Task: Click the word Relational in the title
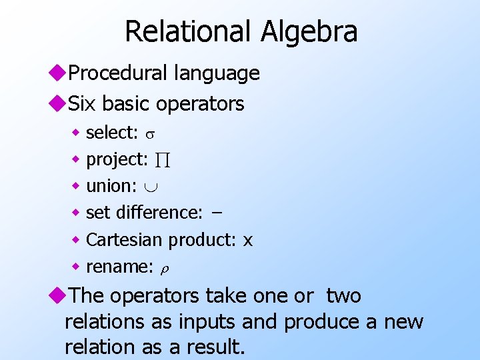point(186,31)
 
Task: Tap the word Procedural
point(116,73)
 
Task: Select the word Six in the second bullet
point(83,103)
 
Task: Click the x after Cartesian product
point(247,240)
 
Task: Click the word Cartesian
point(125,239)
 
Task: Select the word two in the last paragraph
point(343,295)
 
